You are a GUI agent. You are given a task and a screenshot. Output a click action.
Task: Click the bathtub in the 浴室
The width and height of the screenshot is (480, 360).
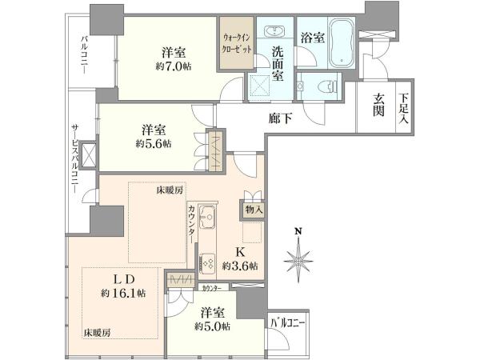(x=342, y=43)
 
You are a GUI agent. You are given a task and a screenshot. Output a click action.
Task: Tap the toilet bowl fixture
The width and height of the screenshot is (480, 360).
(x=328, y=86)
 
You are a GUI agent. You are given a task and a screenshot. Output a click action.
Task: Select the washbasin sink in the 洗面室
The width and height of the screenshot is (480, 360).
(x=274, y=31)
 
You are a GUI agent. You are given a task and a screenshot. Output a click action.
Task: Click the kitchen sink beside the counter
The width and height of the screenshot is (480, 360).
(x=207, y=217)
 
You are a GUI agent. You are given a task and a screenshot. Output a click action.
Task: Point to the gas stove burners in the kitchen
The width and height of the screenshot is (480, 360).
(x=207, y=263)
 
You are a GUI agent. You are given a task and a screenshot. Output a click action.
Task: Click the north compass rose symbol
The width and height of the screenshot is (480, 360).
(x=298, y=258)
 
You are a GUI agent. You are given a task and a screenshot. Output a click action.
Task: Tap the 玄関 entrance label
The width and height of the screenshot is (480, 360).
(x=378, y=106)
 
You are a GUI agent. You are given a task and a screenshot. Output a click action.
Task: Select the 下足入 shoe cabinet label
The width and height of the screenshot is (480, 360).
(x=404, y=109)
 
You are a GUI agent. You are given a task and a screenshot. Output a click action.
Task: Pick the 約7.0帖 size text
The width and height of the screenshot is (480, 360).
(x=174, y=66)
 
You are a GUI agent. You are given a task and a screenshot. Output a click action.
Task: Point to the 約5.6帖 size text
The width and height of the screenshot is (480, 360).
(x=154, y=143)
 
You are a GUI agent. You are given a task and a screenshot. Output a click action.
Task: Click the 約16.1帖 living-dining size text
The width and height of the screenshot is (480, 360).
(x=124, y=294)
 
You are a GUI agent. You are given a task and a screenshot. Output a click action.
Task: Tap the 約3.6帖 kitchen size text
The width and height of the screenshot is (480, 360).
(x=240, y=266)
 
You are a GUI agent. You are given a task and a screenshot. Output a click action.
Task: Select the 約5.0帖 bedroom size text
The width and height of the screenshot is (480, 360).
(x=213, y=326)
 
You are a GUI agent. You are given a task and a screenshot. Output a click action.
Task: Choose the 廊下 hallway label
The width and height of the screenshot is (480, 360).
(x=280, y=118)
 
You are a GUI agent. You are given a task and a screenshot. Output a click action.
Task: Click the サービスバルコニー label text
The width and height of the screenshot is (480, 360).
(x=75, y=158)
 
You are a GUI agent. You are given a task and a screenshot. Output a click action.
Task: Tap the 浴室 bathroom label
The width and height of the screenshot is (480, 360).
(x=313, y=38)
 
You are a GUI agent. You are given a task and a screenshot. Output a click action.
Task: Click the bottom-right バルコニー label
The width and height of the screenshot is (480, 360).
(x=287, y=323)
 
